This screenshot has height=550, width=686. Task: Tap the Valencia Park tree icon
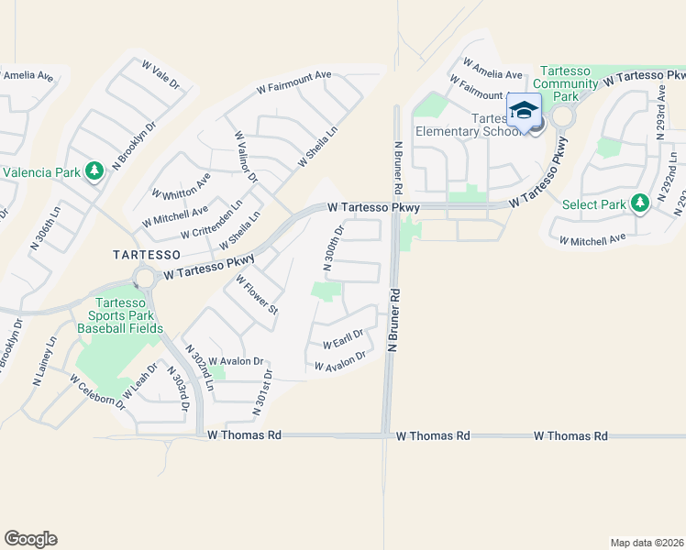click(x=94, y=171)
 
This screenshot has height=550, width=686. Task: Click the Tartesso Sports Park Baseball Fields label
click(x=121, y=315)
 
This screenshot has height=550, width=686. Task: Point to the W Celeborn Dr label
click(x=96, y=390)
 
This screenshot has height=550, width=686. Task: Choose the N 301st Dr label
click(x=263, y=390)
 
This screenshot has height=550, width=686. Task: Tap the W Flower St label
click(x=257, y=294)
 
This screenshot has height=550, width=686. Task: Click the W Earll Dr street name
click(x=343, y=340)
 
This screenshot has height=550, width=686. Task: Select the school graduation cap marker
click(x=524, y=111)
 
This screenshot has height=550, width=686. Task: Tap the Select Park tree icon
click(x=640, y=204)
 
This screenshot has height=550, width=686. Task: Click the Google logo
click(x=30, y=539)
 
